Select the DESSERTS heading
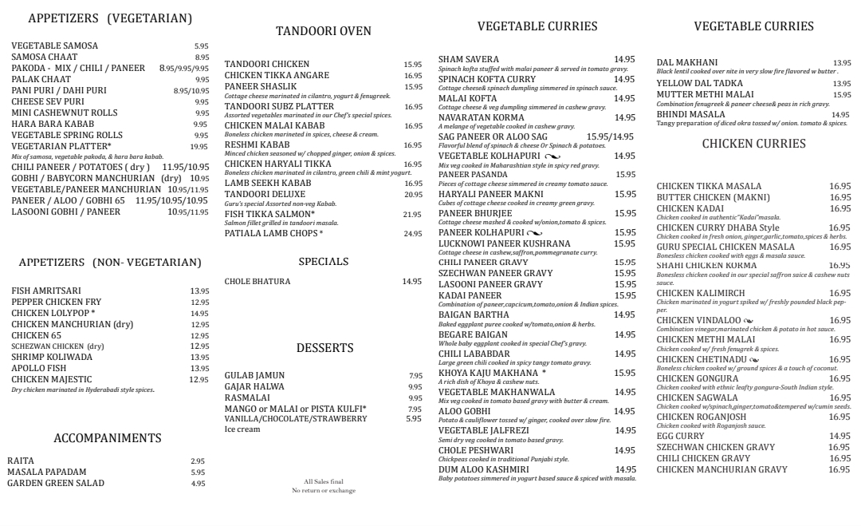324,348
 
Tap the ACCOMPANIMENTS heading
108,438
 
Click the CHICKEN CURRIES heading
753,144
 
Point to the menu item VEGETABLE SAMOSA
55,46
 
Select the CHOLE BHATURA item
258,282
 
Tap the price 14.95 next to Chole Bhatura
412,282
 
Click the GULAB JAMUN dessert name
254,375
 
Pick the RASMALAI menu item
247,397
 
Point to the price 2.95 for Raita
198,461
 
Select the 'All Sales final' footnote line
324,481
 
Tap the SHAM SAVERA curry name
469,59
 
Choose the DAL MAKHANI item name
686,62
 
